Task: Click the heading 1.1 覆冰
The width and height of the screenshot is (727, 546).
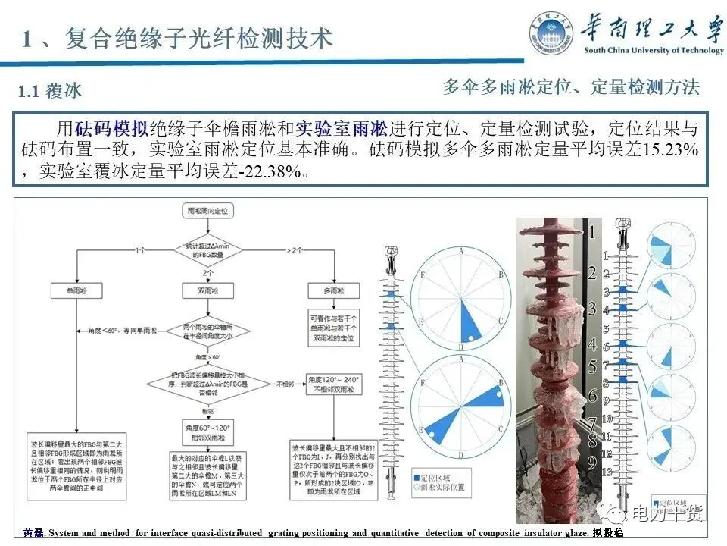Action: [x=50, y=92]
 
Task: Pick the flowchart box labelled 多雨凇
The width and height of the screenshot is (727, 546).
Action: [x=332, y=291]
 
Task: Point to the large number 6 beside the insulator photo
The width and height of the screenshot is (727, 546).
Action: [x=593, y=395]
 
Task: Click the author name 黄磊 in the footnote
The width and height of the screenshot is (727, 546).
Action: [x=33, y=533]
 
